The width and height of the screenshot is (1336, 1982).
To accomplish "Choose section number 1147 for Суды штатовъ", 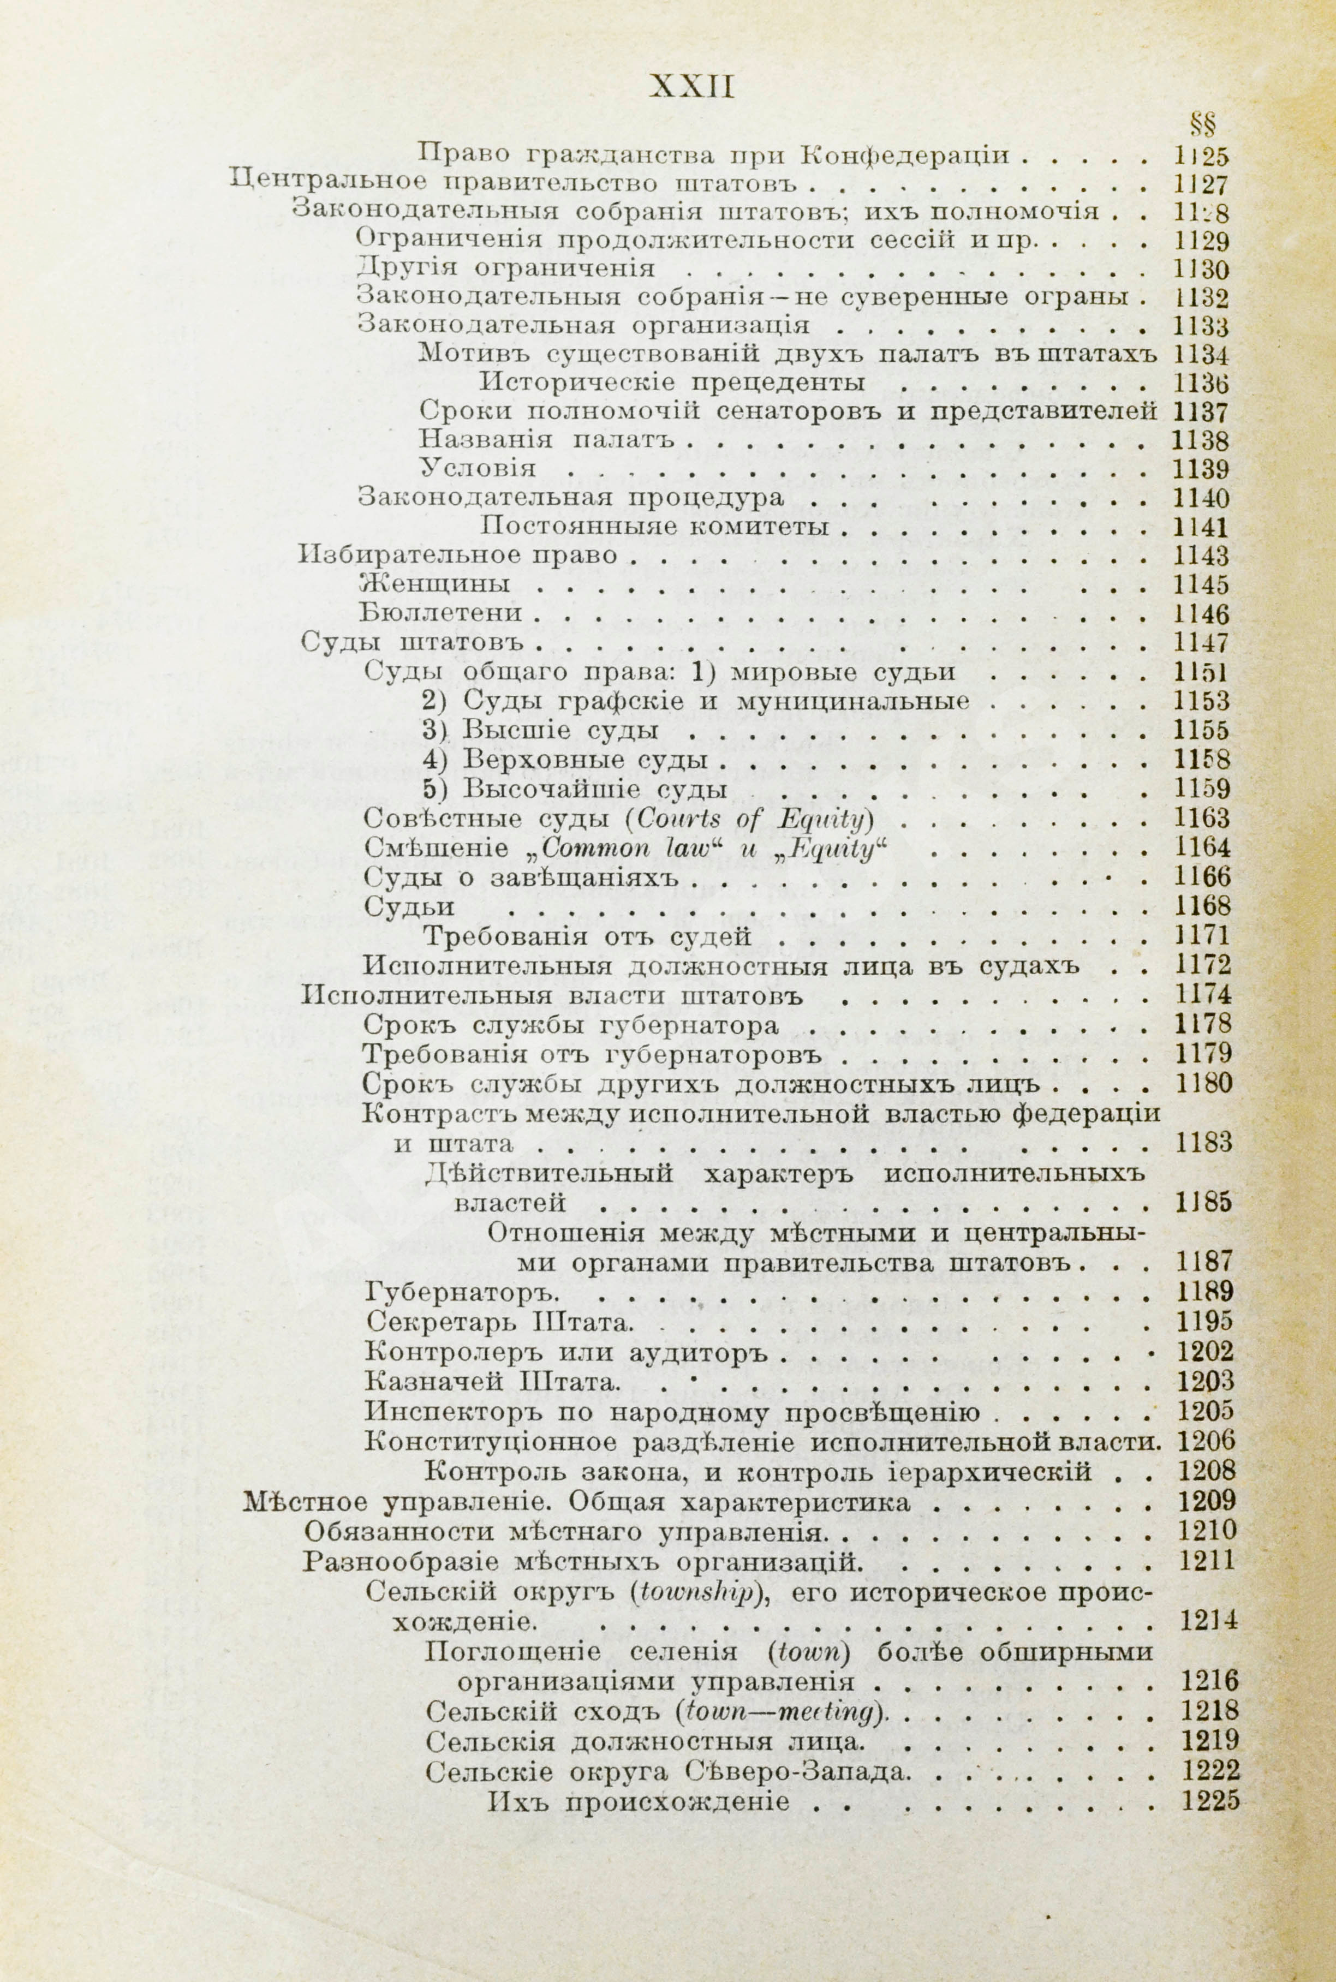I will pyautogui.click(x=1201, y=641).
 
